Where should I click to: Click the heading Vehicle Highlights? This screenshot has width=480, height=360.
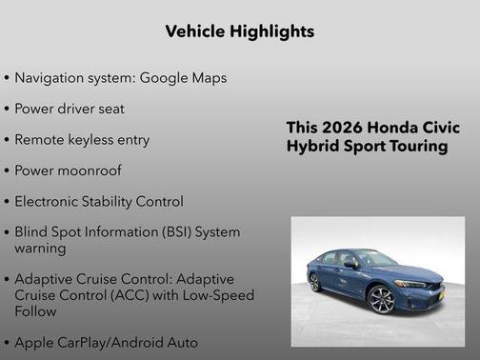(239, 31)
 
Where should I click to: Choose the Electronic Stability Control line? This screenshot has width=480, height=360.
(98, 201)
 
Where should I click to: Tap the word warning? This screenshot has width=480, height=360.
(41, 248)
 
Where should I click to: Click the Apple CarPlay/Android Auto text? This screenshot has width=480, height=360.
(105, 341)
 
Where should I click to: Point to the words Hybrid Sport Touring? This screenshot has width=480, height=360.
(367, 147)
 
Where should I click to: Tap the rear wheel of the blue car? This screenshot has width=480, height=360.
(315, 282)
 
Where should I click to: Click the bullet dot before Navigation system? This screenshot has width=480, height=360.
(8, 78)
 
